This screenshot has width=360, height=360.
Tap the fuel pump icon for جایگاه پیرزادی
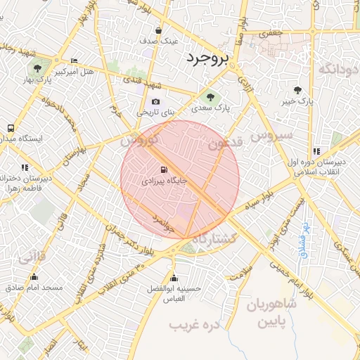tap(164, 169)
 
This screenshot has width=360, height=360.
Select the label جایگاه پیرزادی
tap(165, 181)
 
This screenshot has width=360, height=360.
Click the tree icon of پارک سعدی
tap(208, 96)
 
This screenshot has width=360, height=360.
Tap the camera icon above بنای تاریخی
tap(155, 101)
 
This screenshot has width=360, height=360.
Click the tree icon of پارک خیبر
tap(297, 90)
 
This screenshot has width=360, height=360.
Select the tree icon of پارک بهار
tap(37, 68)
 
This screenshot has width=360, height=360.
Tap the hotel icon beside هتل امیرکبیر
tap(75, 60)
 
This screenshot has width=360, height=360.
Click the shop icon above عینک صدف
tap(158, 31)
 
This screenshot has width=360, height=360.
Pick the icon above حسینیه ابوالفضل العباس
tap(174, 278)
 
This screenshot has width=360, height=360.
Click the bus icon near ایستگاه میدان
tap(11, 128)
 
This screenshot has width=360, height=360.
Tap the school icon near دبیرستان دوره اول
tap(316, 150)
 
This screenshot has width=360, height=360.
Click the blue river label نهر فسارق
tap(304, 239)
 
